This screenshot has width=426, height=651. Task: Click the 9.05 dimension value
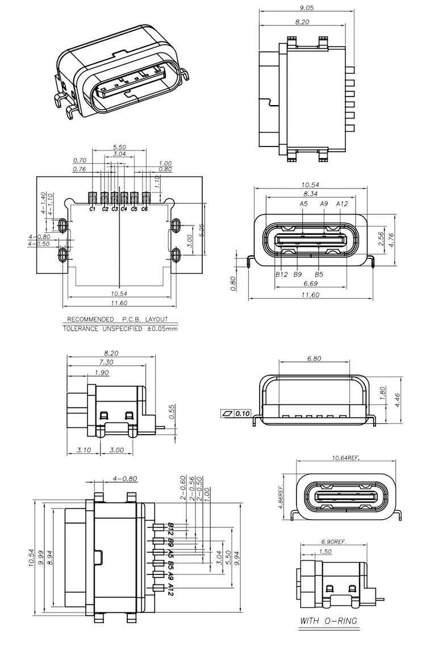(306, 7)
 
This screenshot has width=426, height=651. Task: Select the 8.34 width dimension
(311, 194)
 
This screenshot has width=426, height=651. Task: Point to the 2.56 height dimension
(381, 239)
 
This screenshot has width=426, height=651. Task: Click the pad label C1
(92, 209)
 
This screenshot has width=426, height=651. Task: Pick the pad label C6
(144, 209)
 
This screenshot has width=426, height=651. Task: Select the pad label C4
(124, 209)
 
